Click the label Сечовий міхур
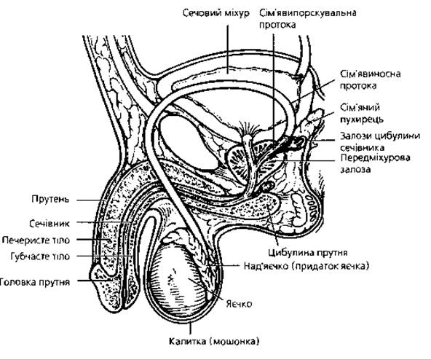pos(216,13)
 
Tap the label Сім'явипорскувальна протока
pos(308,19)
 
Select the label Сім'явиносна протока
pos(371,80)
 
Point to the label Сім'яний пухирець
pos(361,113)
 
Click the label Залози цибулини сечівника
pos(380,141)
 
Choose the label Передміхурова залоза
pos(375,163)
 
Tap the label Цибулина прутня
pos(308,252)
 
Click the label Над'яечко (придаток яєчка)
pos(307,266)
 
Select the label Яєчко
pos(239,304)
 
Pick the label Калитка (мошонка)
pos(214,341)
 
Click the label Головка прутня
pos(35,282)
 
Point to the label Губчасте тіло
pos(40,257)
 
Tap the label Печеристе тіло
pos(36,240)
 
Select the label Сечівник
pos(50,223)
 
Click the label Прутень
pos(50,199)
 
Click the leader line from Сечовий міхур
pos(228,49)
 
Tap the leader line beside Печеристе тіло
pos(93,240)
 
